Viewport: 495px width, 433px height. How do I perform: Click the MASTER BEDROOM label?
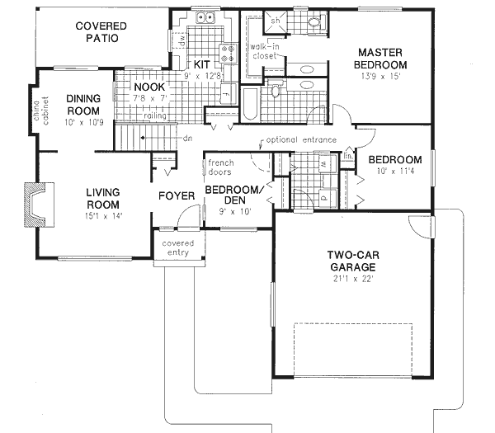(x=380, y=58)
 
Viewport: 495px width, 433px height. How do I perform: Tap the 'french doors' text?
(x=221, y=167)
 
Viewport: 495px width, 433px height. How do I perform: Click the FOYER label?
(x=177, y=196)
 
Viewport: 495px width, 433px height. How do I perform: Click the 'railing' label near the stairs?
(x=156, y=116)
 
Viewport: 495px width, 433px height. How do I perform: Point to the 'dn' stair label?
(x=186, y=139)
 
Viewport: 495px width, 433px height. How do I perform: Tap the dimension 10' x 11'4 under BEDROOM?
(x=395, y=173)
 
